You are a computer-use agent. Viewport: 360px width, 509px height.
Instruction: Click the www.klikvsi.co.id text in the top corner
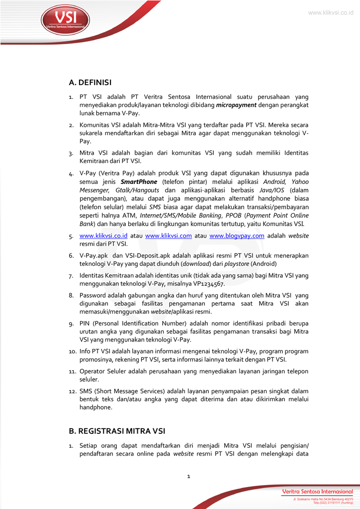330,12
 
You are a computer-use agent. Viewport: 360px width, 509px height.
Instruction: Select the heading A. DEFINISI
90,82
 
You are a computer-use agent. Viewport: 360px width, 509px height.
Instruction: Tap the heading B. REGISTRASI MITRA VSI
117,430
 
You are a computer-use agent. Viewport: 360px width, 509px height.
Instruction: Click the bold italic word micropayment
236,105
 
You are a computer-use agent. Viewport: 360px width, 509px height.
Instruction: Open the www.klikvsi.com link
168,236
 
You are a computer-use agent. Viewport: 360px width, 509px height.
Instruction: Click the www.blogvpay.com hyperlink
237,236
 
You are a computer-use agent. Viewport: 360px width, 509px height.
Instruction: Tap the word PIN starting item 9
85,324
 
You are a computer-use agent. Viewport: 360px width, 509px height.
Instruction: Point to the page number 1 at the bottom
188,476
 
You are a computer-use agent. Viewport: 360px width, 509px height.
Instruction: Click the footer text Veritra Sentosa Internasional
317,491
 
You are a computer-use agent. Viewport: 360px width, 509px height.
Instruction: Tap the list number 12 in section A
72,391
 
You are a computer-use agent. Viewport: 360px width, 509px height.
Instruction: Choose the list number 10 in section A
72,351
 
